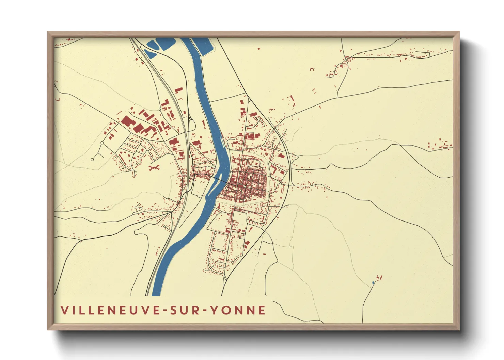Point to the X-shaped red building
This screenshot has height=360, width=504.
coord(154,167)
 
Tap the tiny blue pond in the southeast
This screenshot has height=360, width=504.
coord(373,282)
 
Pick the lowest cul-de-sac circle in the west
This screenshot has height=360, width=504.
coord(92,159)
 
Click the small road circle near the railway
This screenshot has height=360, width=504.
coord(160,110)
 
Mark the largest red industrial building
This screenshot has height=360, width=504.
coord(129,121)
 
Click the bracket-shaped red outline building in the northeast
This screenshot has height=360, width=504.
coord(312,69)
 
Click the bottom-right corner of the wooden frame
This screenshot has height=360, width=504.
coord(459,329)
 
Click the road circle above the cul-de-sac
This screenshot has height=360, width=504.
coord(102,143)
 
